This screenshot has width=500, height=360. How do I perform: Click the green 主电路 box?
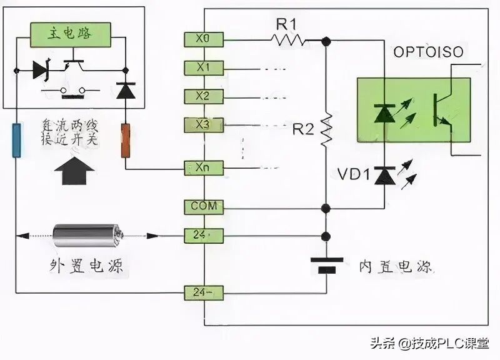71,33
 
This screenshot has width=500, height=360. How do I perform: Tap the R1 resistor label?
289,24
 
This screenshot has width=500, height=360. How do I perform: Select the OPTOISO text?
428,52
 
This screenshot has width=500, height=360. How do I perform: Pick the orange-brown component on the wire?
126,141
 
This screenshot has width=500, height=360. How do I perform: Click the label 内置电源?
395,267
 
